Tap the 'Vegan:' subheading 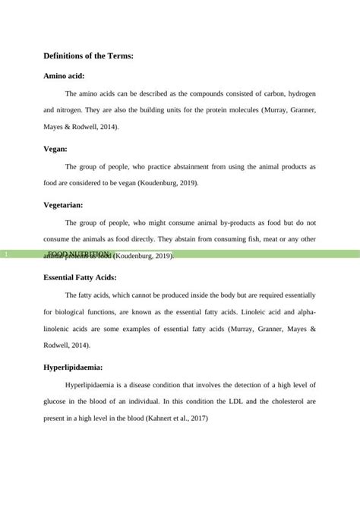tap(55, 150)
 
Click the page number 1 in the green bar tap(5, 254)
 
